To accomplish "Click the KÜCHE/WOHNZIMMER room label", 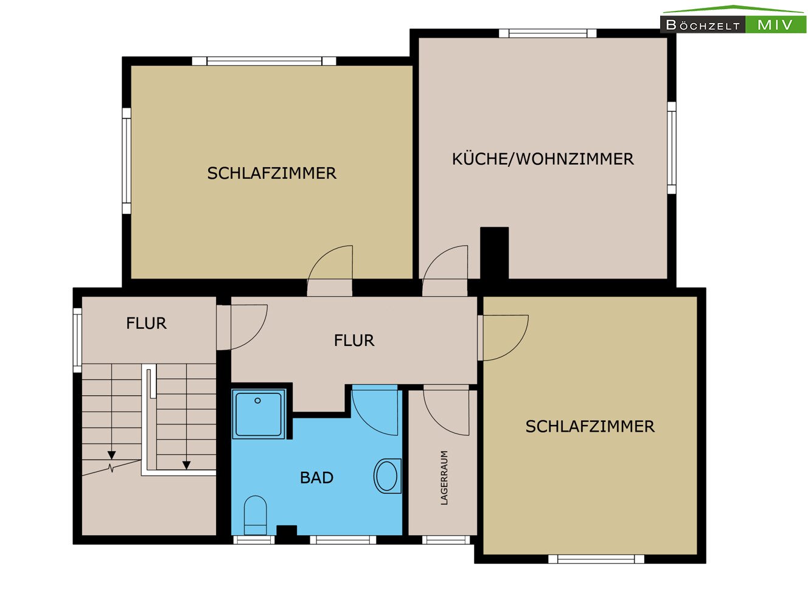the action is [543, 159].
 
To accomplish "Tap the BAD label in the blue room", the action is [316, 478].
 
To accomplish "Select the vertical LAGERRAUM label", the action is [444, 478].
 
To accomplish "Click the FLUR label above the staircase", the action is [146, 323].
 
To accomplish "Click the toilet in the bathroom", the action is [256, 515].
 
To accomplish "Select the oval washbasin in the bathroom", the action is [388, 476].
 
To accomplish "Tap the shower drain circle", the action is [257, 401].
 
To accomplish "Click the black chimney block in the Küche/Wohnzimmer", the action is [494, 254].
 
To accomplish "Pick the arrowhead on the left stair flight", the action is [111, 455].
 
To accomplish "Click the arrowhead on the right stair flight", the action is [186, 465].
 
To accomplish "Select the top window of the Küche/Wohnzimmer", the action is [548, 33].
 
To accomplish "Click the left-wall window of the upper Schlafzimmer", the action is [127, 161].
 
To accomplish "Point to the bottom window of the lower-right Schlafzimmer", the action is [596, 559].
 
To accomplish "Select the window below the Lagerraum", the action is [446, 540].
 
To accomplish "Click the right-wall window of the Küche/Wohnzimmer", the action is [672, 148].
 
